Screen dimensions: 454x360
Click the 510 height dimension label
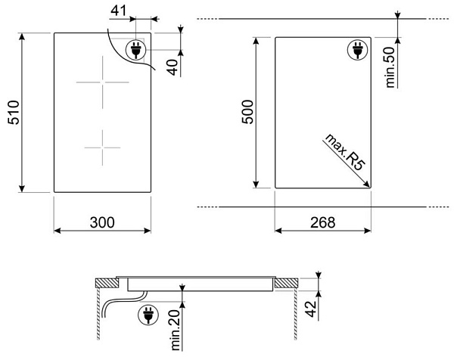[x=14, y=113]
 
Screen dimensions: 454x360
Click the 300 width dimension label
[x=102, y=222]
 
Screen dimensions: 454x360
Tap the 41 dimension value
[x=119, y=11]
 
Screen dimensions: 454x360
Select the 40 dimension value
[x=173, y=67]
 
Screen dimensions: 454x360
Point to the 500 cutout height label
[x=247, y=112]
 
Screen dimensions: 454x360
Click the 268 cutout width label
[x=323, y=222]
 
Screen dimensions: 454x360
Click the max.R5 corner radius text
[x=344, y=152]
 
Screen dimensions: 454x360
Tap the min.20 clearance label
[x=176, y=330]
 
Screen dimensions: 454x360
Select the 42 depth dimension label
[x=311, y=309]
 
